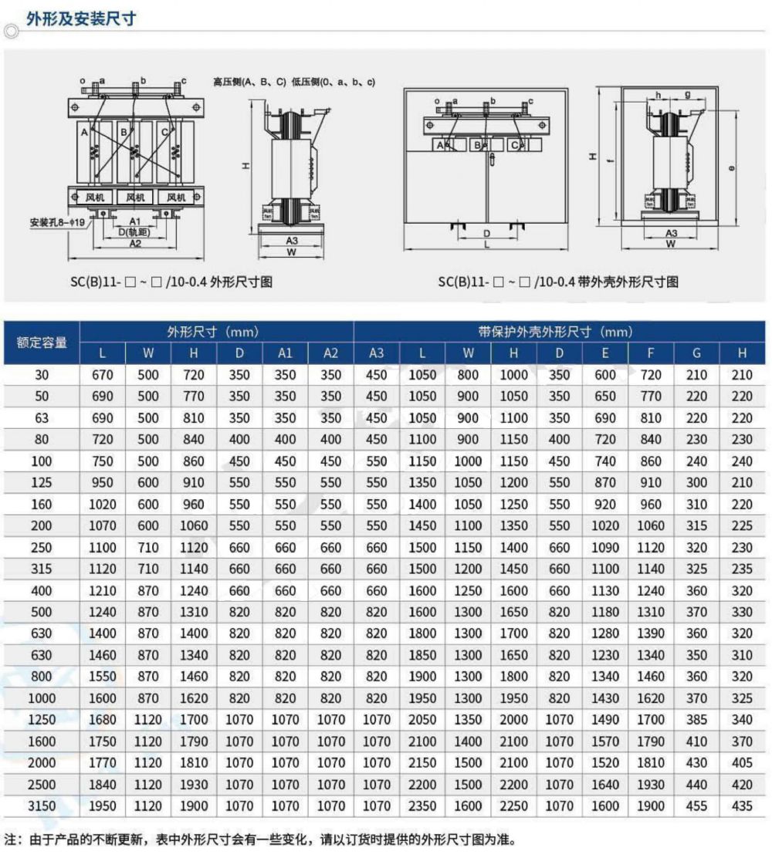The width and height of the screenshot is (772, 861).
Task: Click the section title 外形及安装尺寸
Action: (80, 19)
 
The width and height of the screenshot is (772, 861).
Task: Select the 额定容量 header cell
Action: (42, 342)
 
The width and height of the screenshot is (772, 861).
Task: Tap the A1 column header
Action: (285, 353)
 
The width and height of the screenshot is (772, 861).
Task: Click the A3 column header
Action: (376, 353)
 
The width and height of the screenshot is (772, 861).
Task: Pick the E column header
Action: (604, 353)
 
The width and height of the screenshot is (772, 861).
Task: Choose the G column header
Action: (696, 353)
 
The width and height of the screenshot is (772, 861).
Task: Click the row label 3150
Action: (42, 806)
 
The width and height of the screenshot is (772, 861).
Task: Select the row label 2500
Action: (42, 785)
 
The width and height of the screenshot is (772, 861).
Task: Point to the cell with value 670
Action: (103, 375)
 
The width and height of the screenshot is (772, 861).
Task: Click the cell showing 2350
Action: (422, 806)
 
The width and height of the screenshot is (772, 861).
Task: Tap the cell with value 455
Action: (696, 806)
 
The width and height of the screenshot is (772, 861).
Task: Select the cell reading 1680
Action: (103, 720)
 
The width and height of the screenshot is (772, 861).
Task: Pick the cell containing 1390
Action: (650, 633)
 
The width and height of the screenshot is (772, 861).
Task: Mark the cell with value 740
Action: (604, 461)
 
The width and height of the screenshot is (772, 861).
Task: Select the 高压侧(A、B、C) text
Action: (249, 81)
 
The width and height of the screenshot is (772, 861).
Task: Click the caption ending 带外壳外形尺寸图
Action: (557, 282)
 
